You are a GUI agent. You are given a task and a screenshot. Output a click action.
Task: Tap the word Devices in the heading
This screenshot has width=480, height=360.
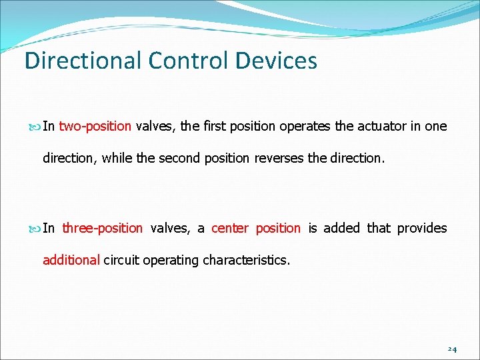[276, 61]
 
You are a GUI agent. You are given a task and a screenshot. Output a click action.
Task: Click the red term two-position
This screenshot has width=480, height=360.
[95, 127]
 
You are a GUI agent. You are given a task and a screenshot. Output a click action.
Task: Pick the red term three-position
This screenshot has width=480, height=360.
[102, 228]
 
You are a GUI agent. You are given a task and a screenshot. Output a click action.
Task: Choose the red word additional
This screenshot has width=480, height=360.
[71, 260]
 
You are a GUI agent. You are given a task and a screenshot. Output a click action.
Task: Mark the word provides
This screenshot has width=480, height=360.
[422, 228]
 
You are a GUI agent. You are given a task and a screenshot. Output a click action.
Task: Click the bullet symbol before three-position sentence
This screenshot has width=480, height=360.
[35, 229]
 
